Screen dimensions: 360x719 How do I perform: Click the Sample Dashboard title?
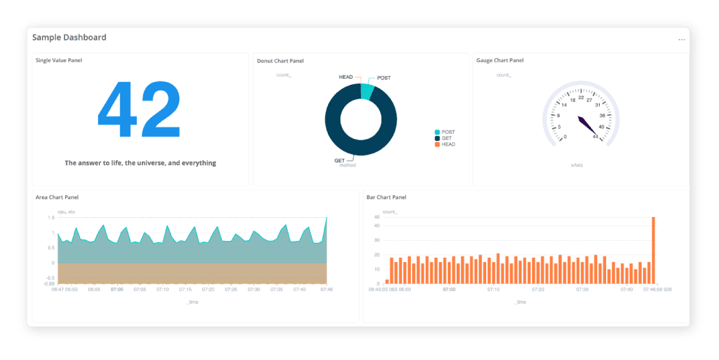[x=69, y=37]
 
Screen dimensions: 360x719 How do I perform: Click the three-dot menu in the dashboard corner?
[x=681, y=40]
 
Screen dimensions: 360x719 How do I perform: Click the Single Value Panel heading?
[x=59, y=60]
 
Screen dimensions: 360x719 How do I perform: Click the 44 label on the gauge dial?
[x=596, y=137]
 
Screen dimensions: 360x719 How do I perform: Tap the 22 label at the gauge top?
[x=581, y=97]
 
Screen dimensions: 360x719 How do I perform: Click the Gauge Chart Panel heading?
[x=500, y=60]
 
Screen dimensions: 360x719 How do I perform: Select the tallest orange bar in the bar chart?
[x=653, y=250]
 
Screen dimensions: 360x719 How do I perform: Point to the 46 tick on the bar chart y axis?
[x=377, y=217]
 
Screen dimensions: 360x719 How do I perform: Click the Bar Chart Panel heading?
[x=386, y=197]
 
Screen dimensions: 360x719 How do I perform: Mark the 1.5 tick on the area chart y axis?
[x=51, y=218]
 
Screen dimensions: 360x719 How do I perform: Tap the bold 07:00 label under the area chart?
[x=117, y=290]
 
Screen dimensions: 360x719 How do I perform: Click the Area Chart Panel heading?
[x=57, y=197]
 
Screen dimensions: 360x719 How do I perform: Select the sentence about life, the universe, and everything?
[x=140, y=163]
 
